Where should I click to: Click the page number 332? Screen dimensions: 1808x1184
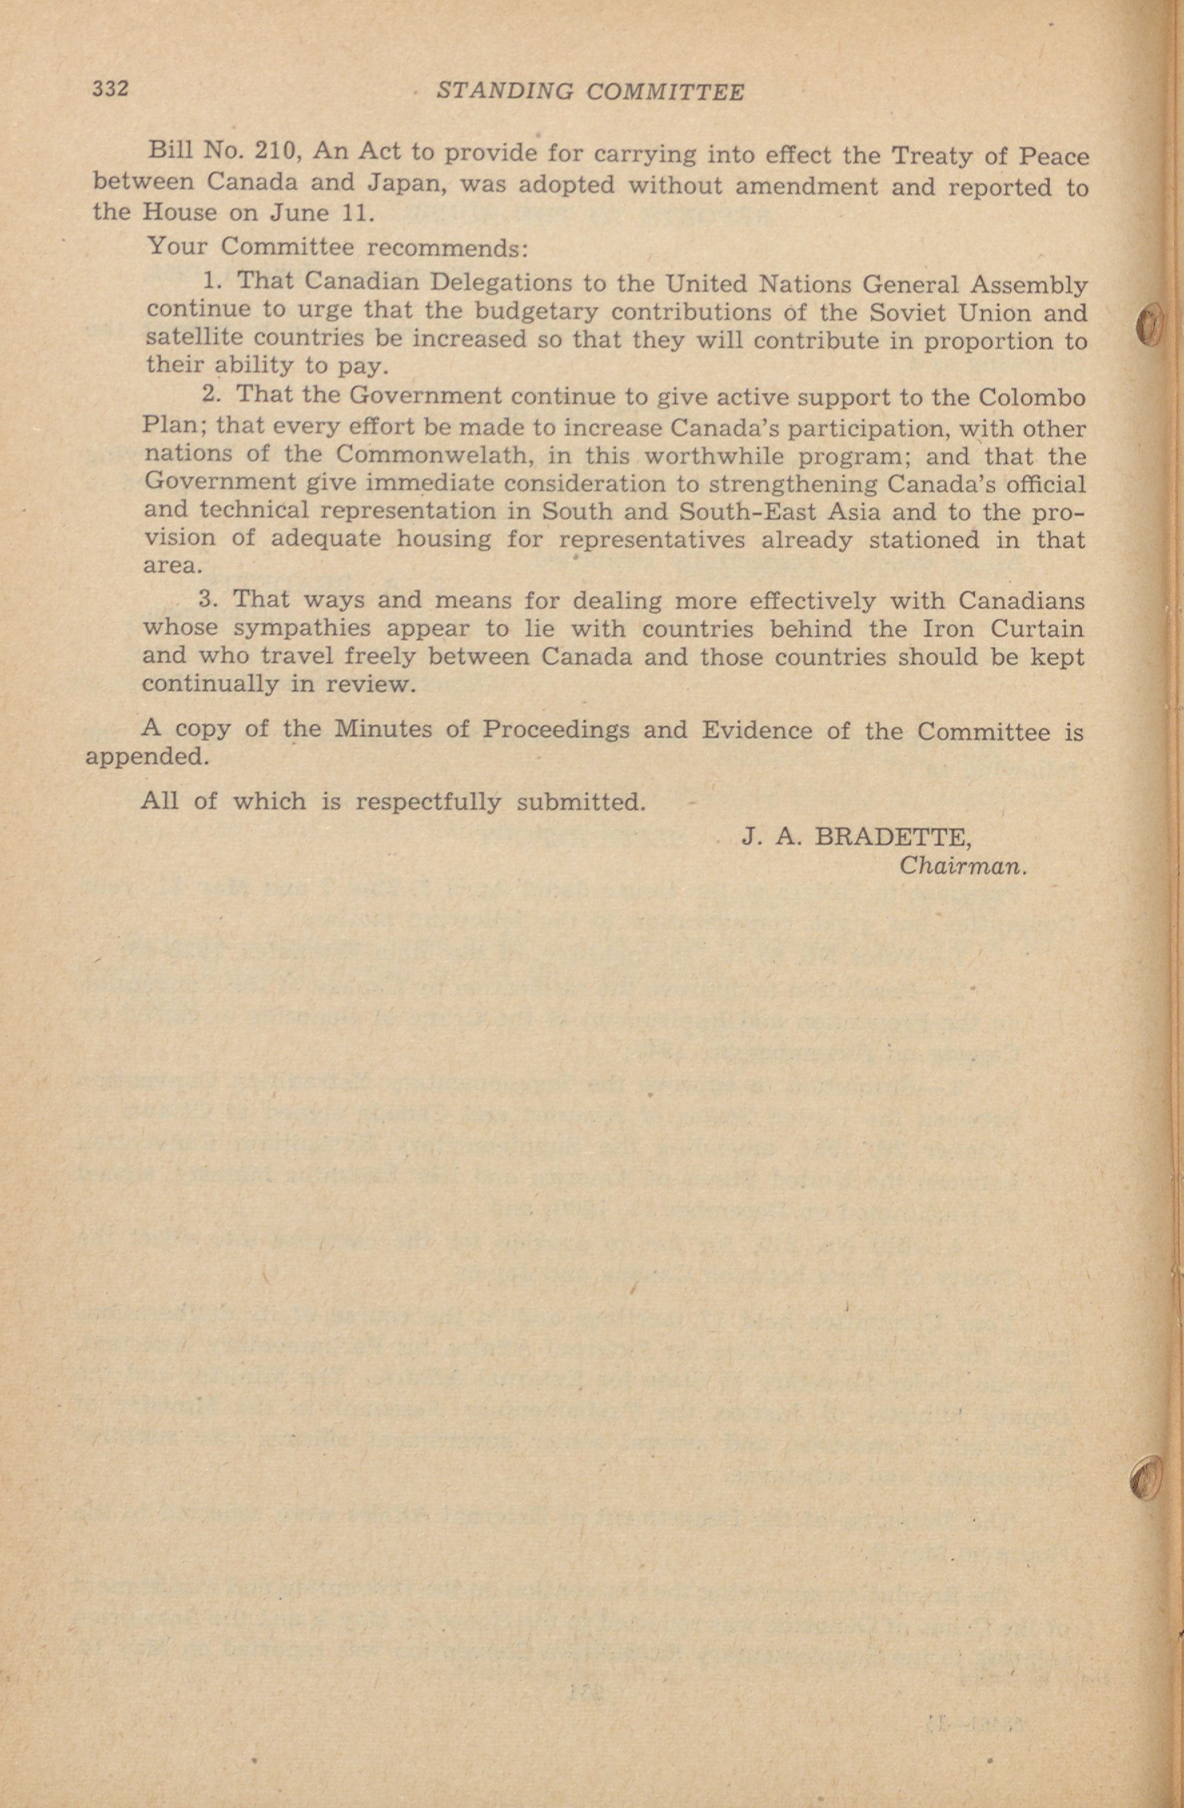tap(110, 89)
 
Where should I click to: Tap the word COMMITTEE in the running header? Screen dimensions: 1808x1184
tap(666, 93)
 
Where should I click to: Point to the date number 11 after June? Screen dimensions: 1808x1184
tap(356, 213)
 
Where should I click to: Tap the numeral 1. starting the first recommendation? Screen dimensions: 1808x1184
tap(213, 281)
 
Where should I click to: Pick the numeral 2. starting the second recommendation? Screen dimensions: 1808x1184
tap(211, 395)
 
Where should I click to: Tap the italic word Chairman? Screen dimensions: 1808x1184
tap(962, 866)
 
